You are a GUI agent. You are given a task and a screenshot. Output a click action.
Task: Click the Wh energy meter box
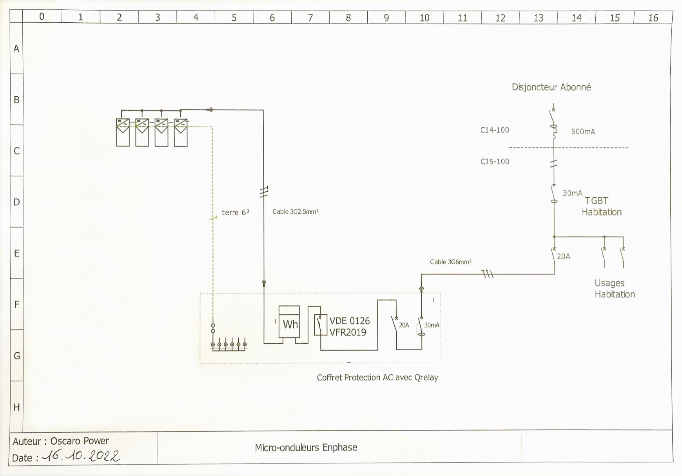pyautogui.click(x=289, y=322)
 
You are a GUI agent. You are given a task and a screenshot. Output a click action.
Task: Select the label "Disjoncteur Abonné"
pyautogui.click(x=551, y=87)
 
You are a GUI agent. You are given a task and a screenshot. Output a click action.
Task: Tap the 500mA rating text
pyautogui.click(x=583, y=132)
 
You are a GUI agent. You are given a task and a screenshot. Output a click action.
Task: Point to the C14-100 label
pyautogui.click(x=495, y=130)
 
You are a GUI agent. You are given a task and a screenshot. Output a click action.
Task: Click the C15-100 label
pyautogui.click(x=495, y=162)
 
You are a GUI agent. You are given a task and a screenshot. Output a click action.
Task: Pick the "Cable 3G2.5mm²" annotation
pyautogui.click(x=296, y=212)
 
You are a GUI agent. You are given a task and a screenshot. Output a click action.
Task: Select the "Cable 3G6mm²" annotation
pyautogui.click(x=451, y=262)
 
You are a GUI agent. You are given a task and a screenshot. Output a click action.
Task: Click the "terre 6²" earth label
pyautogui.click(x=235, y=213)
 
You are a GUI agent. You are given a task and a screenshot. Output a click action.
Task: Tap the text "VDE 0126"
pyautogui.click(x=349, y=321)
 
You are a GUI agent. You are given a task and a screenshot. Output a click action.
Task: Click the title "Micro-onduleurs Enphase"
pyautogui.click(x=306, y=447)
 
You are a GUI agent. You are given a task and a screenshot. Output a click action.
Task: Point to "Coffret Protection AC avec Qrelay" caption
pyautogui.click(x=377, y=378)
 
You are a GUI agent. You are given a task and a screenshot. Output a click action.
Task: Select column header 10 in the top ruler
pyautogui.click(x=424, y=18)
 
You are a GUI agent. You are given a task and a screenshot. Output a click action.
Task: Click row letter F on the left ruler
pyautogui.click(x=16, y=305)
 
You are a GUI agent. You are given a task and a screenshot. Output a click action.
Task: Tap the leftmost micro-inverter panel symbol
pyautogui.click(x=123, y=133)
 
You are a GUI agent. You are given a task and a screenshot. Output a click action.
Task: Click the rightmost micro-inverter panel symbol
pyautogui.click(x=181, y=133)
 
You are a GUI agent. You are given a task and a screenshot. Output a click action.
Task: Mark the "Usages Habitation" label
pyautogui.click(x=615, y=288)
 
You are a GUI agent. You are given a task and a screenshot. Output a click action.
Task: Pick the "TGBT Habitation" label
pyautogui.click(x=602, y=207)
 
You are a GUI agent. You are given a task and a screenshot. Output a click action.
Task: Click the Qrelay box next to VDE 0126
pyautogui.click(x=320, y=325)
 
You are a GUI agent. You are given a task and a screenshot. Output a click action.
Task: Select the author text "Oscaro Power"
pyautogui.click(x=80, y=441)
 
